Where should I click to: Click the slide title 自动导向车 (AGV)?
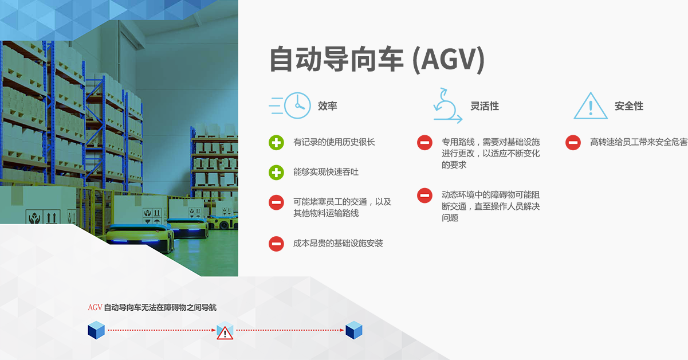point(377,60)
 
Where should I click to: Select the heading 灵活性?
point(485,106)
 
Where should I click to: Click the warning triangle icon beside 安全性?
point(591,105)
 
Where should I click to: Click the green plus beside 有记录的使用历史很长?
point(276,143)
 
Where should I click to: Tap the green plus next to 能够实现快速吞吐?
point(276,173)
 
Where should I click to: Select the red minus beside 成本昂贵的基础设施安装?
point(276,244)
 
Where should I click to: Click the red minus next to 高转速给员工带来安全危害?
point(573,143)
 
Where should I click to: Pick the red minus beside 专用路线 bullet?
point(424,143)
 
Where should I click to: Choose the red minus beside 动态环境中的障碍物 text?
point(424,195)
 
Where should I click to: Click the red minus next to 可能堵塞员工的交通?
point(276,202)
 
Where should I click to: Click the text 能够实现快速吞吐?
point(326,172)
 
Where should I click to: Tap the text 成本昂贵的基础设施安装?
point(338,244)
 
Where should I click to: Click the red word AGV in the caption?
point(95,307)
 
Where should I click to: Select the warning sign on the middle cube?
point(225,334)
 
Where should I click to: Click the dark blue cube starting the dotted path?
point(96,330)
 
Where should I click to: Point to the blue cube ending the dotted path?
point(354,330)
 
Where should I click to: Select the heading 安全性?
point(629,106)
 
